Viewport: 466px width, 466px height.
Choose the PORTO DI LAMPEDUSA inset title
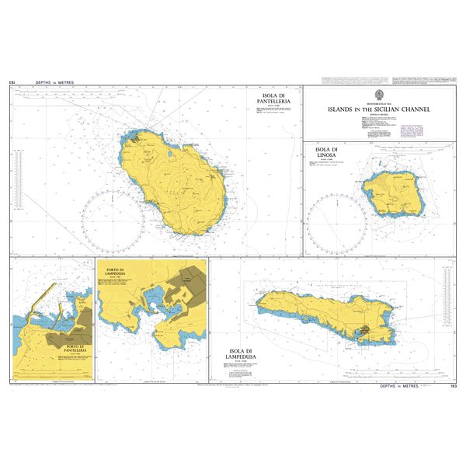point(118,273)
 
